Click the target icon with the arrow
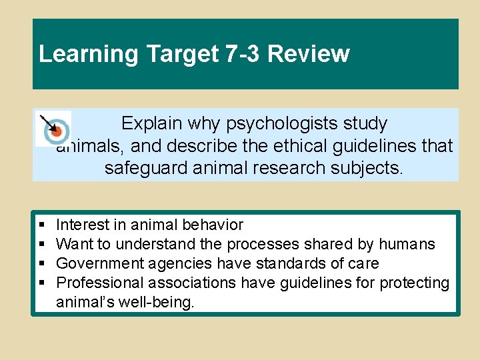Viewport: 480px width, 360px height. (x=53, y=127)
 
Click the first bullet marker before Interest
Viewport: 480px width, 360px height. (x=42, y=225)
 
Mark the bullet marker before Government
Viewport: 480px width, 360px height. (x=42, y=264)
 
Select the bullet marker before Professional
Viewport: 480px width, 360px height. (x=42, y=283)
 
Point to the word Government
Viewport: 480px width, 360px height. (x=99, y=264)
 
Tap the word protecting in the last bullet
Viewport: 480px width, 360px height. (x=415, y=283)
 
